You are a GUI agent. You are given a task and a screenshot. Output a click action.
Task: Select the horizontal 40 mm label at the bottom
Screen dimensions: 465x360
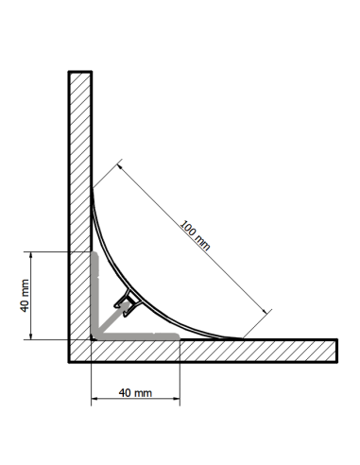tap(136, 392)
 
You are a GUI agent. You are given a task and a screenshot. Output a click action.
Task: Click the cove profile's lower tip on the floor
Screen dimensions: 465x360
tap(242, 337)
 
